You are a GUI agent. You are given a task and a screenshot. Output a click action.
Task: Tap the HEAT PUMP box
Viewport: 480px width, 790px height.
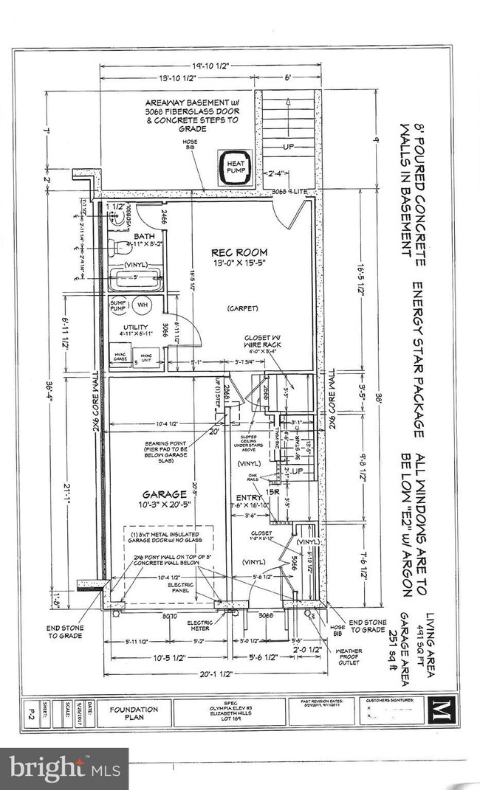click(236, 164)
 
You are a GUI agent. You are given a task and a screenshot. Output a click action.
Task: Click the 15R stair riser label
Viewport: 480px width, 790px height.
click(274, 491)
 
